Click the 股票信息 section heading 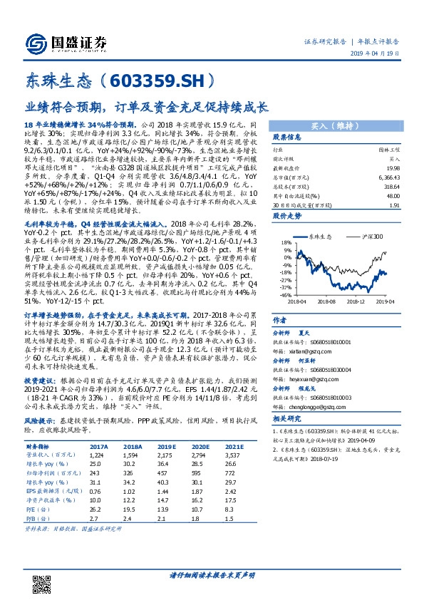point(287,137)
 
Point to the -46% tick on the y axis point(285,294)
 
